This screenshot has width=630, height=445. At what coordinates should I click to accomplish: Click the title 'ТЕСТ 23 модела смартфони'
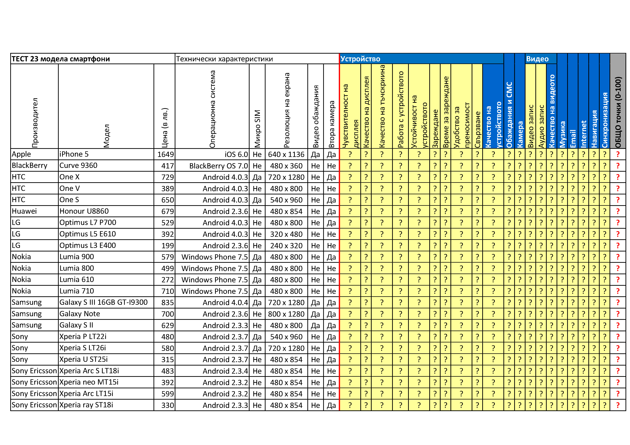click(x=61, y=59)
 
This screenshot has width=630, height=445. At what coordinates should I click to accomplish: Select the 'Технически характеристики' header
click(x=224, y=59)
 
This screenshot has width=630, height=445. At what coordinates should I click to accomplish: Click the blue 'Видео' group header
click(x=537, y=59)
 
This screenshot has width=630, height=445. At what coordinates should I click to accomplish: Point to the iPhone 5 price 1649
click(x=166, y=154)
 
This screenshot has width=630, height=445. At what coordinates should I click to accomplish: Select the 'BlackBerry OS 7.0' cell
click(x=218, y=166)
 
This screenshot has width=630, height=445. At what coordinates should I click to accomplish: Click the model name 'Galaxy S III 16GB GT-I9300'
click(x=103, y=302)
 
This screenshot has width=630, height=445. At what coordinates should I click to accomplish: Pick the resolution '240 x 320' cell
click(x=286, y=246)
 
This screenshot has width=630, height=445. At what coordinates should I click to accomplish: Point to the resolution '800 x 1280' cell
click(x=286, y=314)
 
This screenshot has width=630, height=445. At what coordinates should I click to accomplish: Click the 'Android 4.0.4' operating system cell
click(x=225, y=303)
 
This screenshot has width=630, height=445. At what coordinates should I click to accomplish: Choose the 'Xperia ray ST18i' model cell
click(x=86, y=405)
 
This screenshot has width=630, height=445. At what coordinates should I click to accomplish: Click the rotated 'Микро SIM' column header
click(x=257, y=129)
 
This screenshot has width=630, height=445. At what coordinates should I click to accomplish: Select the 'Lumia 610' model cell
click(x=76, y=280)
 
